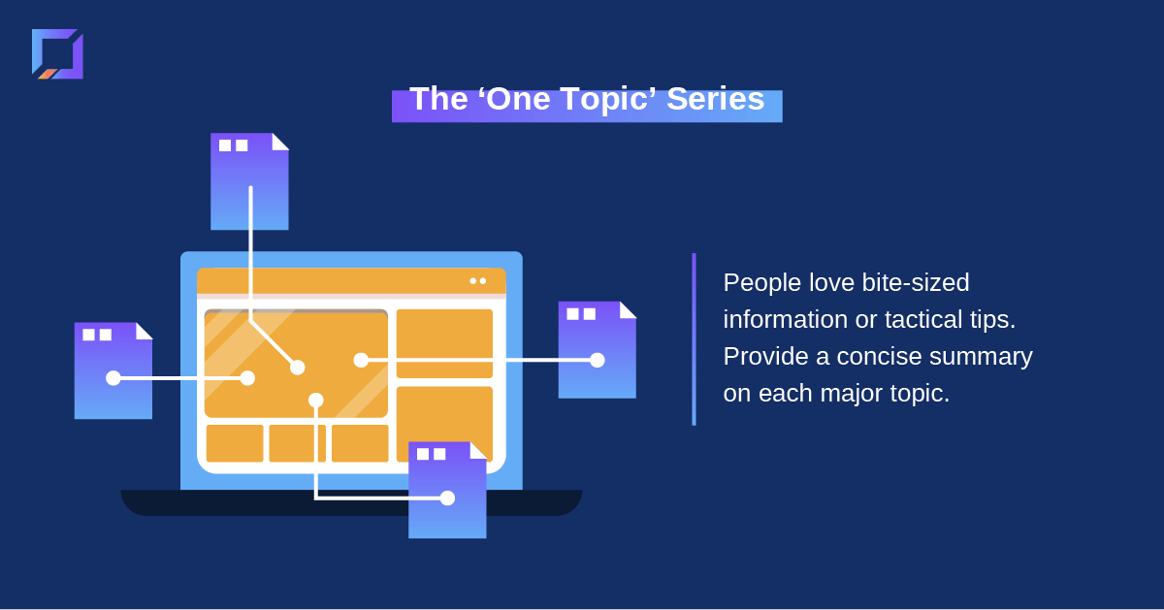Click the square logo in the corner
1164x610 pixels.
(57, 54)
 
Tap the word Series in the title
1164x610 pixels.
(716, 98)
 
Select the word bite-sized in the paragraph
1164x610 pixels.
(916, 282)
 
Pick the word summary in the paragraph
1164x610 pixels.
(981, 358)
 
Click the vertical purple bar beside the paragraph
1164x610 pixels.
(694, 339)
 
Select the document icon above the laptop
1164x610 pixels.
(249, 181)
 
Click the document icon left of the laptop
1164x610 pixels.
(113, 370)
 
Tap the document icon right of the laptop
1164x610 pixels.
(598, 350)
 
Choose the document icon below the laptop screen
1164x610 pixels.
(447, 490)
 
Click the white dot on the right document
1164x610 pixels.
(598, 360)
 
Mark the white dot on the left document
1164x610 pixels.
(113, 378)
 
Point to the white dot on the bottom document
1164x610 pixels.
(447, 498)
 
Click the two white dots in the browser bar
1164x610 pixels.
(478, 281)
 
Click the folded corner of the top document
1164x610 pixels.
(279, 143)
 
